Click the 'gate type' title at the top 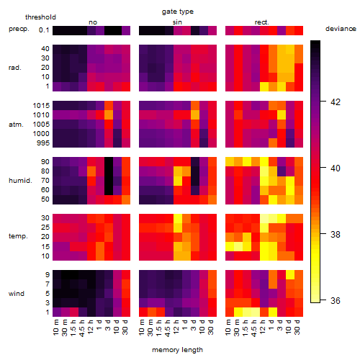(178, 12)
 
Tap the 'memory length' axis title (177, 350)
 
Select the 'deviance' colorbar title (341, 29)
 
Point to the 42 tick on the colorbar (323, 102)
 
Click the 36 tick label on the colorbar (336, 300)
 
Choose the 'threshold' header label (40, 17)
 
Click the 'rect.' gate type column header (261, 22)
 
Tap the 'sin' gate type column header (177, 22)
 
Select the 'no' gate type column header (93, 22)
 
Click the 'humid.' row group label (20, 181)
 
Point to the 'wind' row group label (17, 294)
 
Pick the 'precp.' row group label (19, 29)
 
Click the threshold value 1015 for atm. (41, 106)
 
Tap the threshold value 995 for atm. (43, 143)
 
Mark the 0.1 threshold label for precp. (44, 30)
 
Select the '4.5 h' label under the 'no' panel (82, 328)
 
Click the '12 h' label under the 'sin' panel (176, 327)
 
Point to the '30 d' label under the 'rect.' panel (297, 327)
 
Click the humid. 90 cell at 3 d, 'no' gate (109, 162)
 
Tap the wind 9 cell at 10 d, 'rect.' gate (290, 275)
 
